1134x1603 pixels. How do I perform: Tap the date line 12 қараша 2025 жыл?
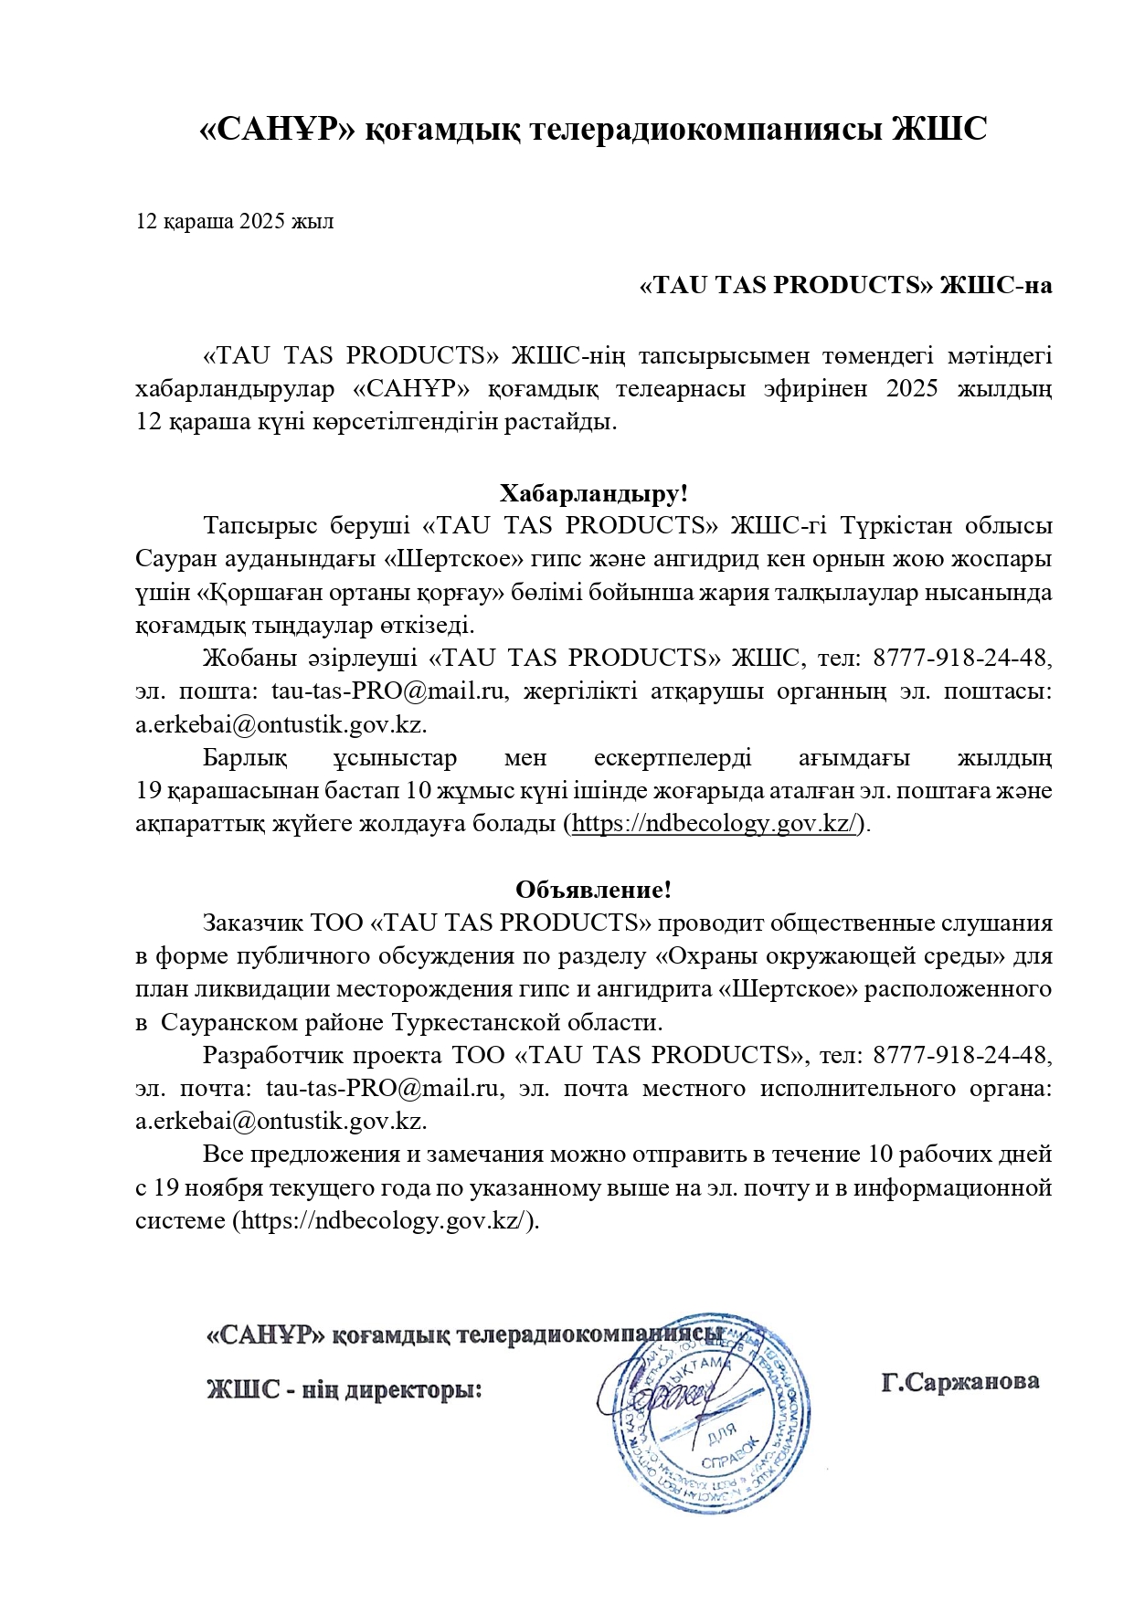click(235, 222)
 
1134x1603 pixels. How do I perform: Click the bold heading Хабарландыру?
click(594, 494)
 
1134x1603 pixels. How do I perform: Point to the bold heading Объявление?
click(594, 890)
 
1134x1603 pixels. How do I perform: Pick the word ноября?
click(222, 1187)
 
